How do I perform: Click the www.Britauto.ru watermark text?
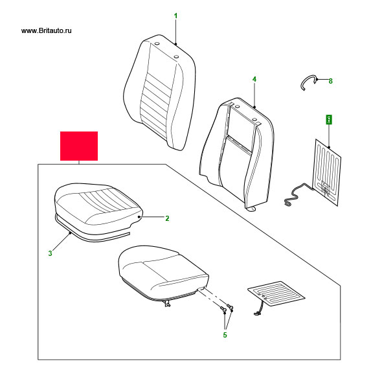pos(47,30)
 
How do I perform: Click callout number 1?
pos(175,16)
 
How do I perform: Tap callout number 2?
pos(167,218)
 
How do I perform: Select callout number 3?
pos(51,253)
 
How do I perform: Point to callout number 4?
pos(254,80)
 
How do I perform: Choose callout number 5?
pos(225,335)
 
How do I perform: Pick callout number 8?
pos(331,81)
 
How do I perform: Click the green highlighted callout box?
pos(329,120)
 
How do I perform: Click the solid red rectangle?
pos(79,146)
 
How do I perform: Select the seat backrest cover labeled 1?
pos(159,93)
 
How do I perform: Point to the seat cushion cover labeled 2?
pos(98,205)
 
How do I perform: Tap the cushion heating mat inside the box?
pos(276,293)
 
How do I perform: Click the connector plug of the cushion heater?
pos(256,314)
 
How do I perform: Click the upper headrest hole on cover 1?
pos(157,44)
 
